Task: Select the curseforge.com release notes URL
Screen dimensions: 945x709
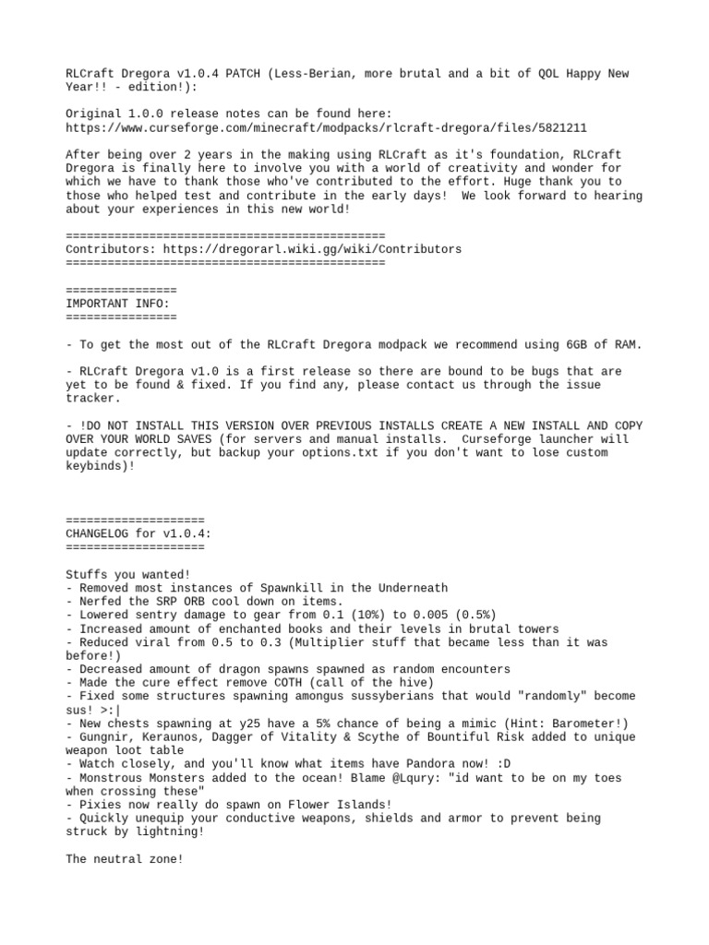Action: pos(327,128)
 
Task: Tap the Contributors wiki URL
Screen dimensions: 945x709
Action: pos(312,249)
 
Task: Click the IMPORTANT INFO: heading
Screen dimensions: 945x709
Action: pos(118,303)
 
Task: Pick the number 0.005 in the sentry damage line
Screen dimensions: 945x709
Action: pos(399,615)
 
